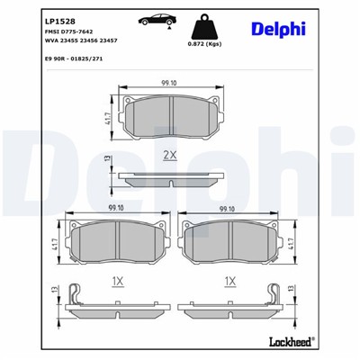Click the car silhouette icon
tap(154, 22)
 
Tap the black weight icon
tap(204, 27)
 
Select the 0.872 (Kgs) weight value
tap(204, 43)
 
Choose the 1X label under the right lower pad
tap(229, 281)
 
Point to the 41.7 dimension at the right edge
tap(293, 240)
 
